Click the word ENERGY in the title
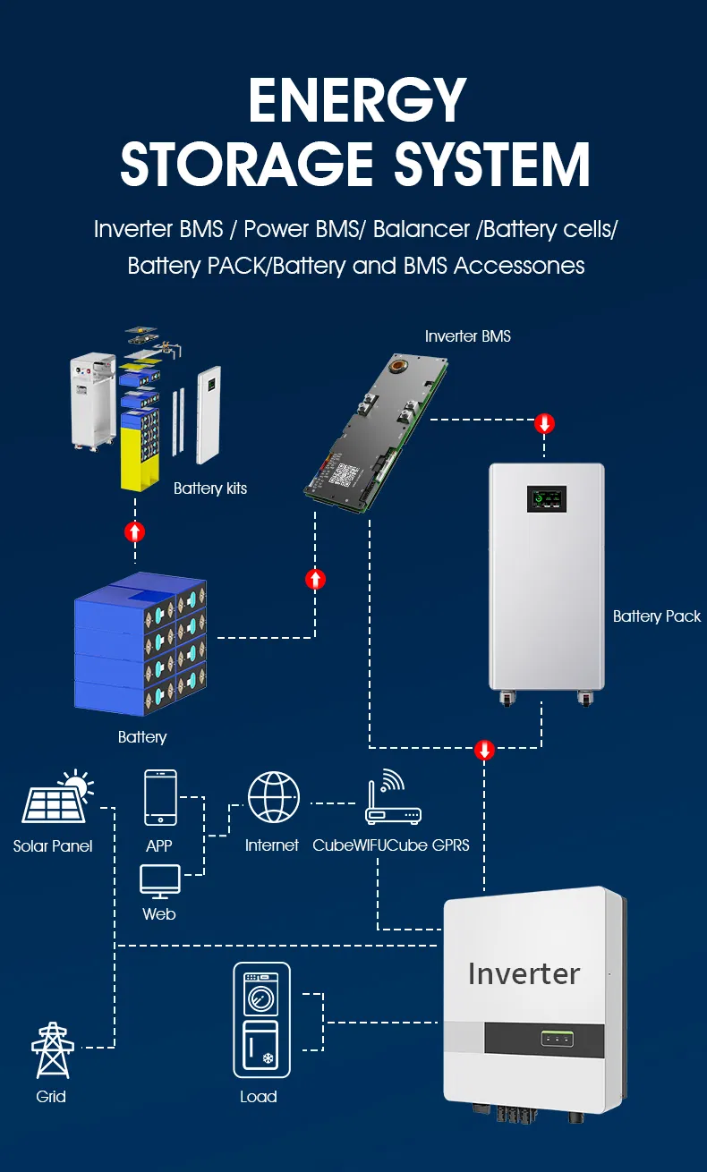coord(356,100)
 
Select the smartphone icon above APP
coord(160,797)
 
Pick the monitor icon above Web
coord(160,881)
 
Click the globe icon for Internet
coord(273,797)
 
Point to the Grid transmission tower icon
coord(51,1050)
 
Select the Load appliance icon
coord(261,1020)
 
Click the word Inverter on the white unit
coord(524,973)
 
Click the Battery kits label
coord(209,488)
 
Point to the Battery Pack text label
coord(656,616)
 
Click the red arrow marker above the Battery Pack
coord(544,423)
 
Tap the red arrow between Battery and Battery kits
coord(134,532)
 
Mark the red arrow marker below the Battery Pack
coord(484,749)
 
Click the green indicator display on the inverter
coord(556,1039)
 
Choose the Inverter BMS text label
coord(467,336)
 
